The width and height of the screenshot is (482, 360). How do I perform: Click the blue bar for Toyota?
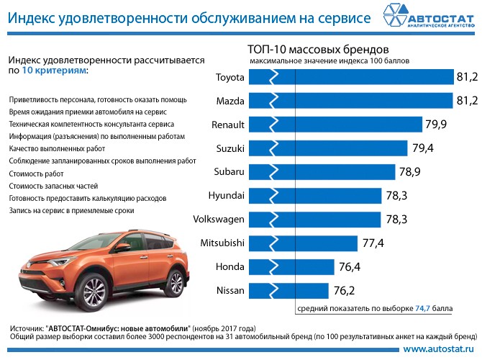click(353, 78)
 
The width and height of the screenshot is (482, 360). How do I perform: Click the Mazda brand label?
click(231, 102)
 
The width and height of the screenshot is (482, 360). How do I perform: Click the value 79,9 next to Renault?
click(437, 125)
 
